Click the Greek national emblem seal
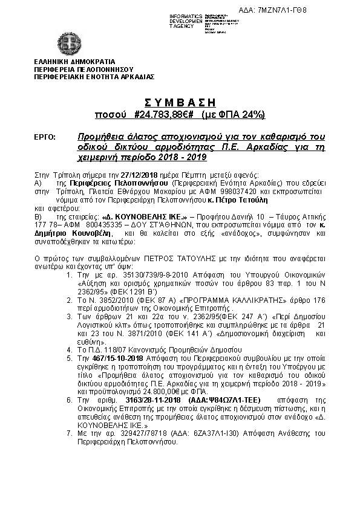(71, 42)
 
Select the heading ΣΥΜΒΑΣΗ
(180, 102)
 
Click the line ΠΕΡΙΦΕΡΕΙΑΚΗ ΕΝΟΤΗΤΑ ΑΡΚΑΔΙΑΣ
(94, 77)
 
